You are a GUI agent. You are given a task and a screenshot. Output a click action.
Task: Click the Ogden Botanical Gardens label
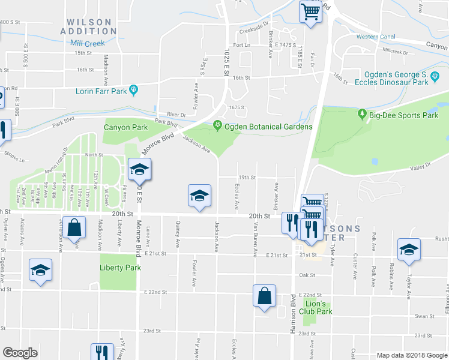pos(268,127)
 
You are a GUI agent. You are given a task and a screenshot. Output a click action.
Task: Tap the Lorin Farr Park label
pos(101,91)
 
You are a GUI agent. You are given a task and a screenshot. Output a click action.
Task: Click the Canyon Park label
pos(125,127)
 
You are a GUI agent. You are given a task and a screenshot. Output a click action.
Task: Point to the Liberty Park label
pos(120,268)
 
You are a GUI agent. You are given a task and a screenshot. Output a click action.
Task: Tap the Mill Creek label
pos(87,43)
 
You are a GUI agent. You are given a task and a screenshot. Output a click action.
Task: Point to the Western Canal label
pos(375,37)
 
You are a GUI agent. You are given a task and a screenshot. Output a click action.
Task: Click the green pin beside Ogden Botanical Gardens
pos(217,126)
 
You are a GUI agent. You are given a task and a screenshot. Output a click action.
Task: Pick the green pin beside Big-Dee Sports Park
pos(362,114)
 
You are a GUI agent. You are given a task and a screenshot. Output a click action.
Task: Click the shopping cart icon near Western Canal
pos(310,11)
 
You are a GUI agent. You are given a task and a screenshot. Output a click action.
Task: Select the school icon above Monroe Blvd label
pos(139,169)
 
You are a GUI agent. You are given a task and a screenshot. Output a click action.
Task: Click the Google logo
pos(20,353)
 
